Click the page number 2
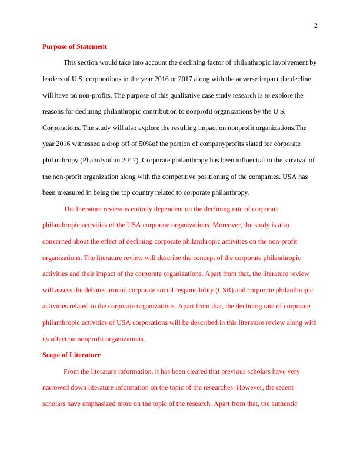tap(316, 25)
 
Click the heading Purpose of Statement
tap(75, 46)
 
